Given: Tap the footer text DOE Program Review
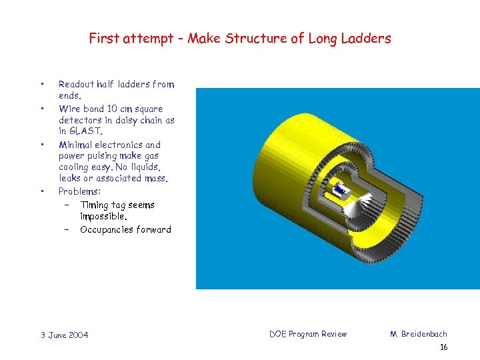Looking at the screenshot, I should [308, 334].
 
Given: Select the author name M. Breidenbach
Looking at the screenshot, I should [419, 334].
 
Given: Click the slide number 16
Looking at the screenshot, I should [444, 348].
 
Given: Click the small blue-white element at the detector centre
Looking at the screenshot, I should [341, 190].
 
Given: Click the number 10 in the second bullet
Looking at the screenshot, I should [115, 109].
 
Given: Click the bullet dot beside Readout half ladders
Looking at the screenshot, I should [41, 85].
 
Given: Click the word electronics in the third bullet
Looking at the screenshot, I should [119, 145].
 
